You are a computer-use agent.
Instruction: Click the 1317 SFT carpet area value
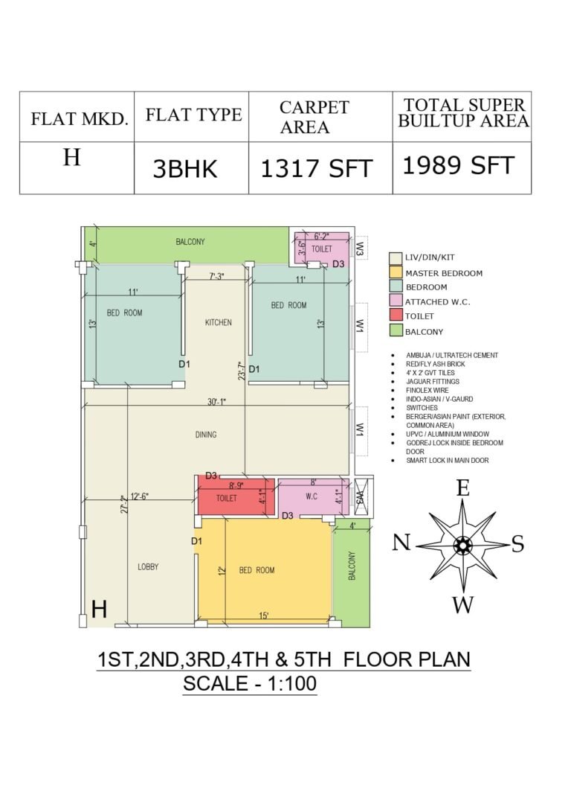tap(317, 169)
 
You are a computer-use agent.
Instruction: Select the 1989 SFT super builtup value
tap(458, 165)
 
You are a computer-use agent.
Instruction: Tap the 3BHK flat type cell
tap(185, 169)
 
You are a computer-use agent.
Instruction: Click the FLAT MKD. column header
tap(80, 118)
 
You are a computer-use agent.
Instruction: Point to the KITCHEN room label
tap(219, 322)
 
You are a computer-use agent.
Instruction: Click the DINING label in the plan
tap(206, 435)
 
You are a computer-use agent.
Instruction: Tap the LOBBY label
tap(148, 566)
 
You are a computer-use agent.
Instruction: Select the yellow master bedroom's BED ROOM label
tap(257, 570)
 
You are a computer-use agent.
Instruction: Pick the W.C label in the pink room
tap(312, 496)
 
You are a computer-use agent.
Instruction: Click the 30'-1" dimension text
tap(217, 402)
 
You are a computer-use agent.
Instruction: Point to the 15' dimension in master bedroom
tap(263, 615)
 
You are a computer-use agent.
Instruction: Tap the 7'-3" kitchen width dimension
tap(216, 276)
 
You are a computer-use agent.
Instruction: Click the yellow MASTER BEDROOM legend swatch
tap(396, 272)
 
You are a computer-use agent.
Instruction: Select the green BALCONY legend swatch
tap(396, 330)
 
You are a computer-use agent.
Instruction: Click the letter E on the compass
tap(463, 488)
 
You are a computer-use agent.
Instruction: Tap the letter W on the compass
tap(463, 604)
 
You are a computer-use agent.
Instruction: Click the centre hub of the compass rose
tap(462, 545)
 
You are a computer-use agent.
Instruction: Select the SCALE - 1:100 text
tap(250, 683)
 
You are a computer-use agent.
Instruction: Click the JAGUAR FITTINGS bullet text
tap(432, 381)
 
